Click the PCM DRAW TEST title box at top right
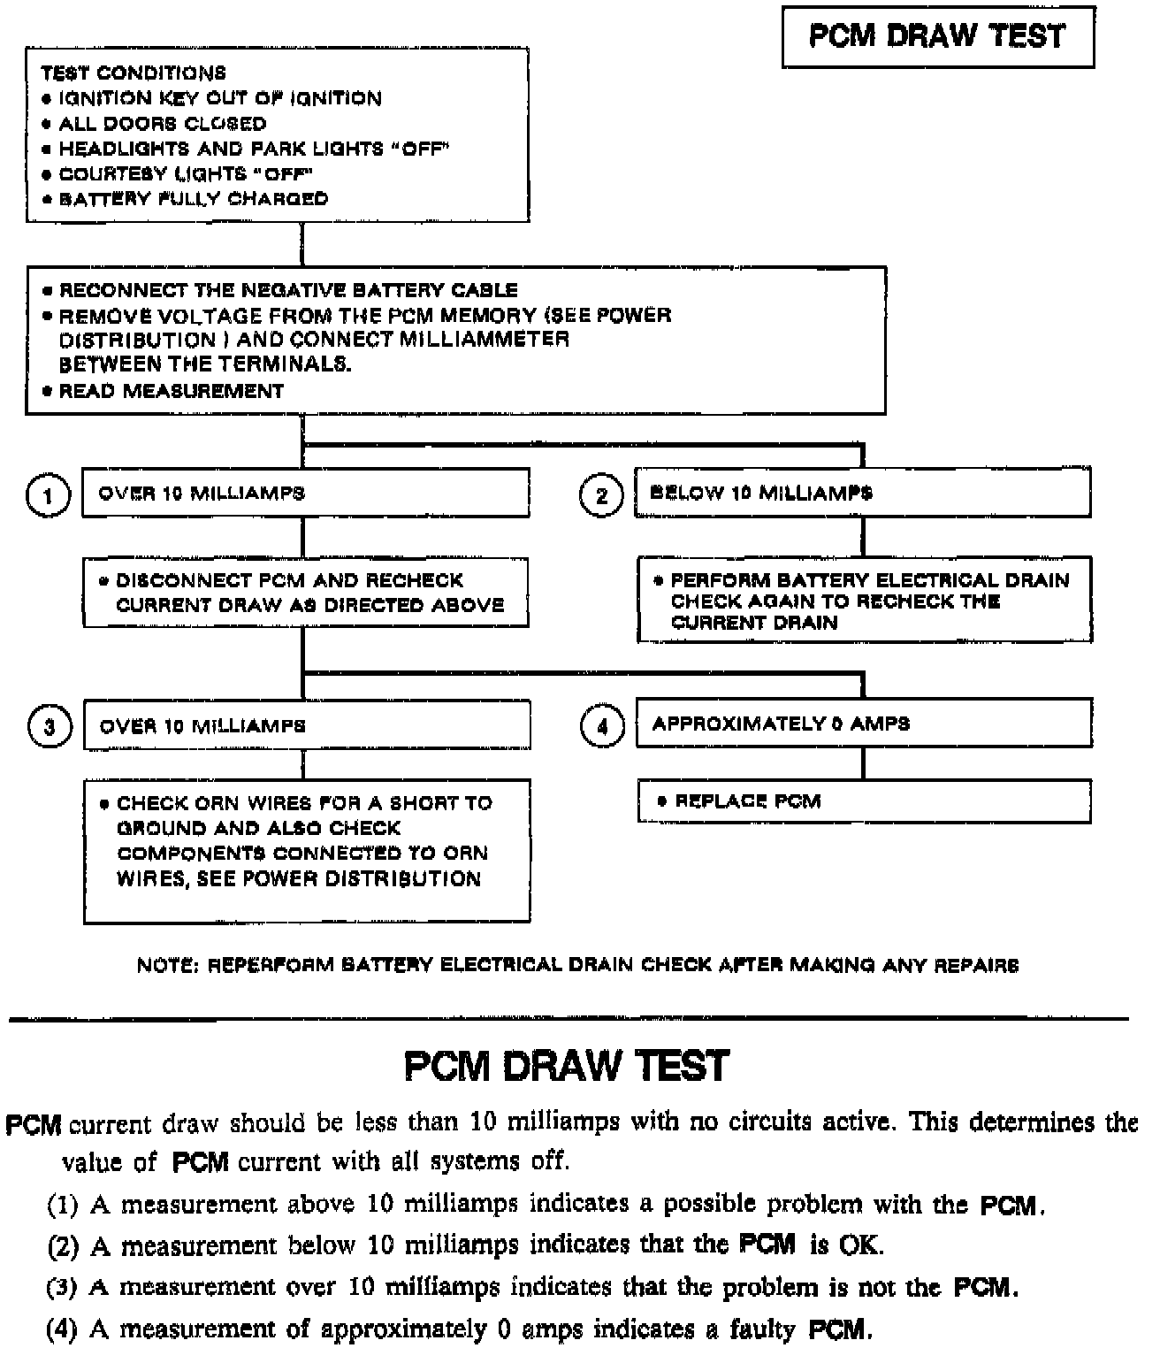click(x=937, y=36)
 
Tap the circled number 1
click(x=48, y=495)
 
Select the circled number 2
click(x=601, y=495)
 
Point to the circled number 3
click(x=50, y=726)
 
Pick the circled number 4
click(x=602, y=726)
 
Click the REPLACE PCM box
click(x=863, y=801)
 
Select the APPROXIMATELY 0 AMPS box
click(x=863, y=724)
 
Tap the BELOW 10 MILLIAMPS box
click(x=862, y=493)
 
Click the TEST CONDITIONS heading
click(x=133, y=73)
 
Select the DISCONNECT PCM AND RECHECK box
click(x=306, y=593)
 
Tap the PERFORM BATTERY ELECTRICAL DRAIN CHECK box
click(x=864, y=601)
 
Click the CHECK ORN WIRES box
click(x=306, y=850)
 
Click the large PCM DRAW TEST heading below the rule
click(x=567, y=1066)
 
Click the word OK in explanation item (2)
click(x=859, y=1245)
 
